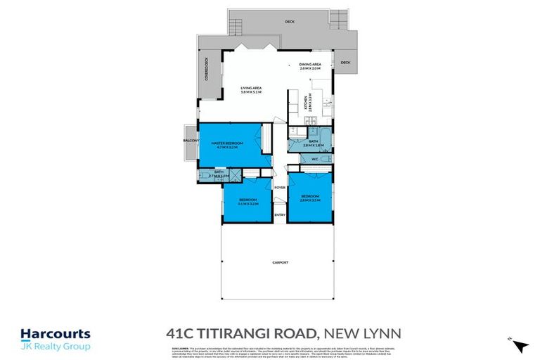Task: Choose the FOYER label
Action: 279,188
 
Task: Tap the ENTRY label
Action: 279,214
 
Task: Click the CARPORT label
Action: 281,263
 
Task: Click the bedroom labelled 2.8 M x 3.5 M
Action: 310,198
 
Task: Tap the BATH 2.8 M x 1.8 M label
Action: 313,143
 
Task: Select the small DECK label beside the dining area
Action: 345,63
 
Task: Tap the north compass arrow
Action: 520,345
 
